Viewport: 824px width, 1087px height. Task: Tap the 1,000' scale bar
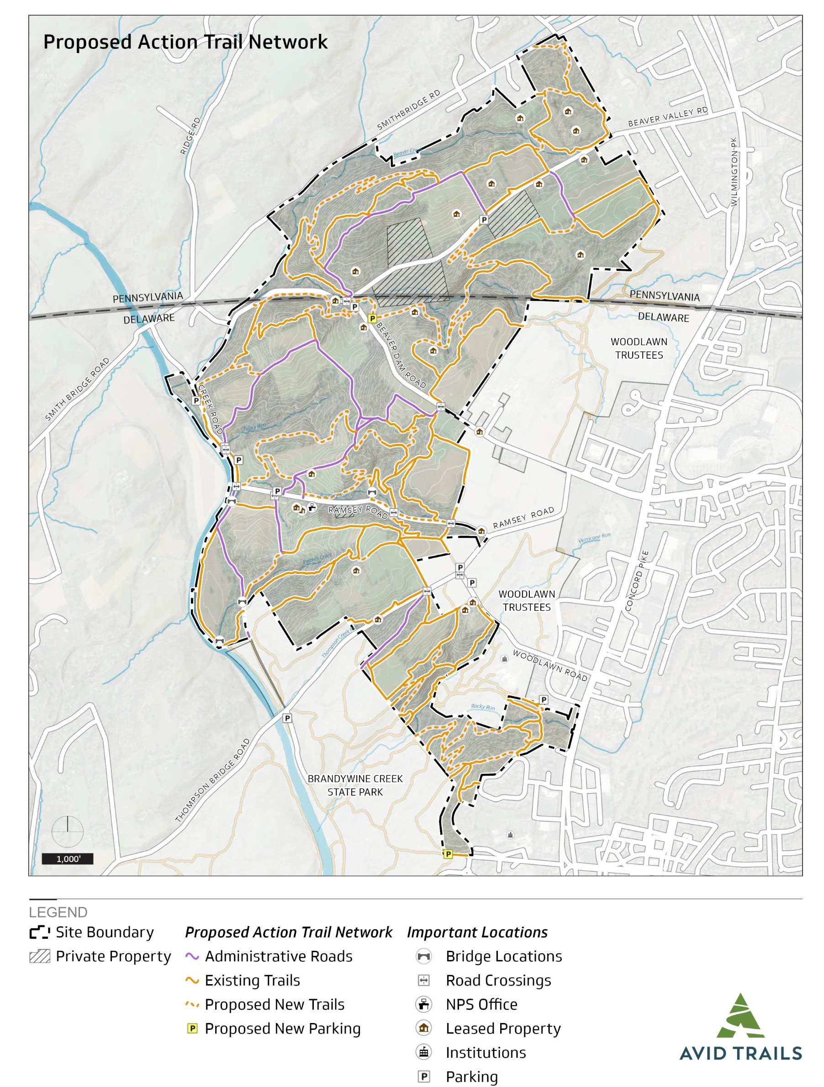(x=67, y=859)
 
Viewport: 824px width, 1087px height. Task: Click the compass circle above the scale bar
(x=67, y=831)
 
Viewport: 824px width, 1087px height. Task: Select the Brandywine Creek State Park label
(x=355, y=785)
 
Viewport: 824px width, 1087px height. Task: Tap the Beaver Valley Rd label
(x=668, y=117)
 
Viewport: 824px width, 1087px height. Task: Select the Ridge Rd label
(x=190, y=136)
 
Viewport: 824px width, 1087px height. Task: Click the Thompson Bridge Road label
(x=213, y=780)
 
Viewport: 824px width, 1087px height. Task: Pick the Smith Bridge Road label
(x=77, y=390)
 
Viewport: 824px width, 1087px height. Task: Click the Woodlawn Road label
(x=550, y=666)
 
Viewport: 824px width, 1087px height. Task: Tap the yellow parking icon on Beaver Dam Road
(x=372, y=319)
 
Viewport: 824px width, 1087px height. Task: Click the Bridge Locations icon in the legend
(x=423, y=956)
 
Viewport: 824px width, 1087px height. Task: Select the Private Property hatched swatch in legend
(x=40, y=956)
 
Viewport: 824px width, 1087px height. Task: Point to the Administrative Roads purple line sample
(x=192, y=956)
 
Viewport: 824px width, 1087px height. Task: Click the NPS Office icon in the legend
(x=423, y=1004)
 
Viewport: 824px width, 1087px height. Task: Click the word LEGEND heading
(x=58, y=912)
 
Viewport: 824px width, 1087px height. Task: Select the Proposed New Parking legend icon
(x=192, y=1028)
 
